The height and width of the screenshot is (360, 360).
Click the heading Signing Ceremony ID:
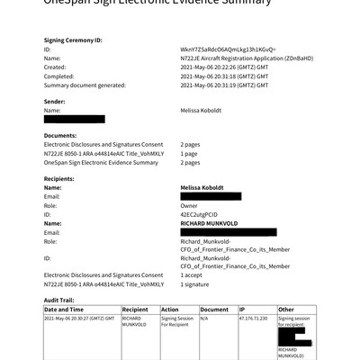pos(73,40)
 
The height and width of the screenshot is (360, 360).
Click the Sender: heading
pos(57,101)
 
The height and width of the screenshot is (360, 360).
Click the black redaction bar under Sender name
pos(75,119)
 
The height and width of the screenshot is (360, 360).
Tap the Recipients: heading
pos(62,179)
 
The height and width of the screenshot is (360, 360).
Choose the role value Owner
pos(190,205)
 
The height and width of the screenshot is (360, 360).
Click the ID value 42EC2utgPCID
pos(200,214)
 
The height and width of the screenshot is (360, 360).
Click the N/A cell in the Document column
pos(204,318)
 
